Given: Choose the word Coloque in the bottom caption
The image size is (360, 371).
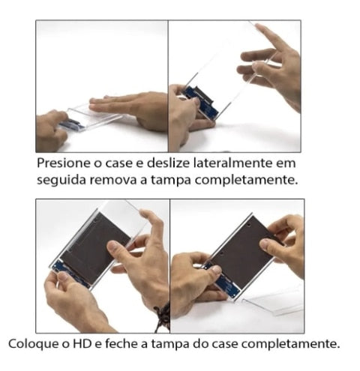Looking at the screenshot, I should pyautogui.click(x=34, y=344).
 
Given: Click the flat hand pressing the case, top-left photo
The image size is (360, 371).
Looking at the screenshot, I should pyautogui.click(x=127, y=106).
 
